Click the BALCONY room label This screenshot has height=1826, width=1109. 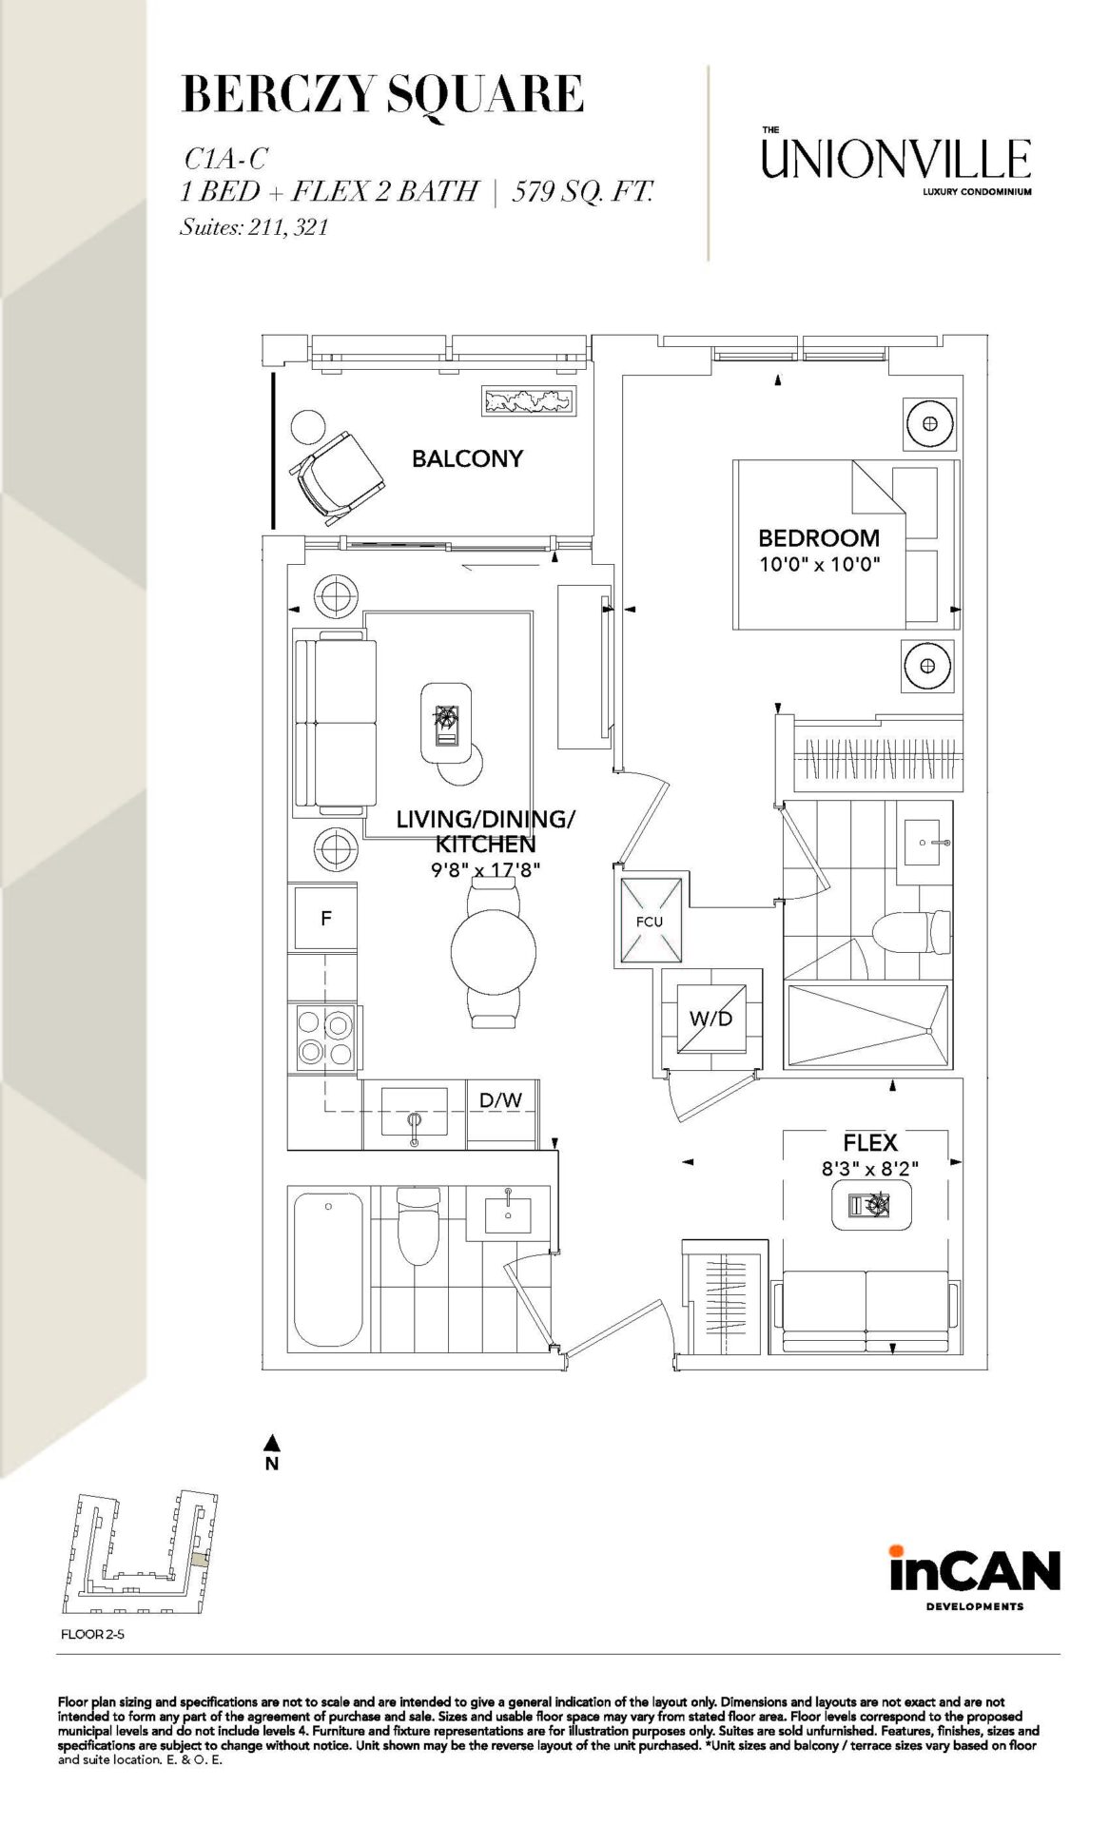click(467, 458)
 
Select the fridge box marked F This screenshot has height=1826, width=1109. click(326, 918)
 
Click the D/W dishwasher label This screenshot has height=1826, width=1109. click(500, 1100)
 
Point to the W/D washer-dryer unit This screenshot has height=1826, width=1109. click(711, 1019)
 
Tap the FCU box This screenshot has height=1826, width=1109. click(651, 920)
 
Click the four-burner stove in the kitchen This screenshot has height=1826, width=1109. click(324, 1038)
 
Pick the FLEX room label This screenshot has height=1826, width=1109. click(870, 1142)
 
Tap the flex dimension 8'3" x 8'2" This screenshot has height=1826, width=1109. click(870, 1168)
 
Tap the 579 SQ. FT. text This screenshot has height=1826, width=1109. click(583, 191)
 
